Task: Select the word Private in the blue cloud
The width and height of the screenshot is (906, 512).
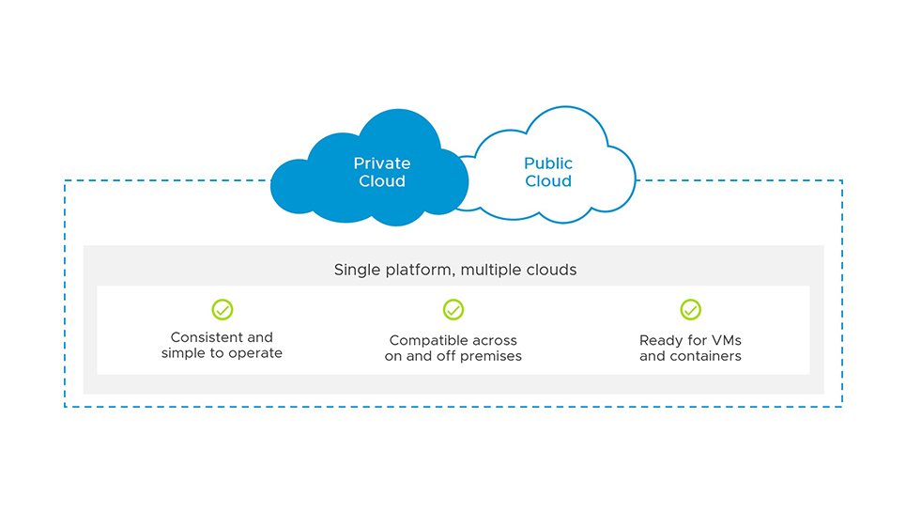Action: pyautogui.click(x=382, y=163)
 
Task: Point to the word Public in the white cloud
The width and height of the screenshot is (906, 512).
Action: pyautogui.click(x=548, y=163)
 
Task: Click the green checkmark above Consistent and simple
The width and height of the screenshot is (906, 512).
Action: pyautogui.click(x=222, y=309)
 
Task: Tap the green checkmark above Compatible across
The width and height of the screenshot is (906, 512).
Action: pyautogui.click(x=453, y=309)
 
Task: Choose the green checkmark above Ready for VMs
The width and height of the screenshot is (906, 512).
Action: pyautogui.click(x=690, y=309)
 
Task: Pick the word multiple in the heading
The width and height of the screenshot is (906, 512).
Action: pyautogui.click(x=495, y=271)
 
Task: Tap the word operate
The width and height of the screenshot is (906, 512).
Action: pyautogui.click(x=254, y=353)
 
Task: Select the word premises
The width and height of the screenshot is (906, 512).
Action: pyautogui.click(x=493, y=357)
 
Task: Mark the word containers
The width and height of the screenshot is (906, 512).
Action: pyautogui.click(x=706, y=356)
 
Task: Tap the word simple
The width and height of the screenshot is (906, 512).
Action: pyautogui.click(x=183, y=353)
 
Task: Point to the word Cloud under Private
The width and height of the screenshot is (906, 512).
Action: pyautogui.click(x=382, y=180)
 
